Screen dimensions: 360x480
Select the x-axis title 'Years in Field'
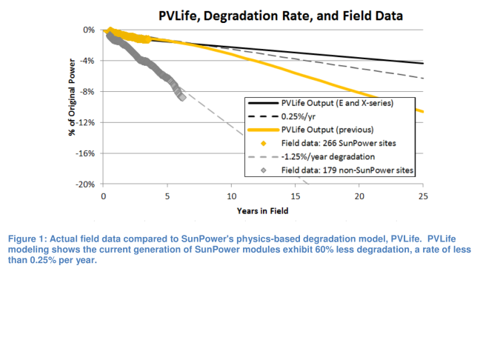[262, 211]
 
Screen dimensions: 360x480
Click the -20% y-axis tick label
[87, 184]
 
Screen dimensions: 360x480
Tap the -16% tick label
[87, 153]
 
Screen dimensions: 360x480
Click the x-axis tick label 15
[295, 196]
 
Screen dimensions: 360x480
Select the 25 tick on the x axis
[423, 196]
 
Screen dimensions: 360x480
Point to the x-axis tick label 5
[167, 196]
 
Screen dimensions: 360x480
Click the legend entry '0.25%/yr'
[296, 116]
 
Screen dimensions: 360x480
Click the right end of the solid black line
[423, 64]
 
